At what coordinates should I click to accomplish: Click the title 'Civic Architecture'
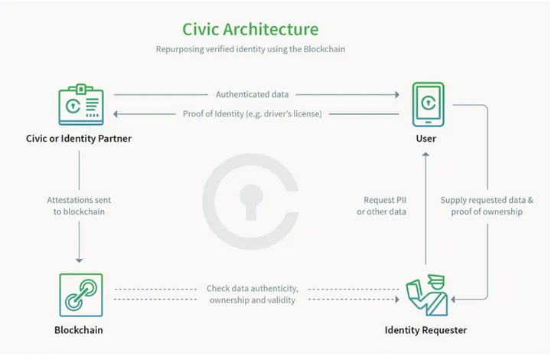pos(250,29)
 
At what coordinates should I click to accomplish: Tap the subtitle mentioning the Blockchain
pos(251,50)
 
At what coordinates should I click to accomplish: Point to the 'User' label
pos(425,139)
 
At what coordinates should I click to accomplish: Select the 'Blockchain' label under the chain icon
pos(79,330)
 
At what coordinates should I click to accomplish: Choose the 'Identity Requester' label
pos(425,330)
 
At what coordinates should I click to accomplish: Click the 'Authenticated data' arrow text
pos(252,95)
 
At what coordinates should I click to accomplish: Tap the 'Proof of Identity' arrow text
pos(252,114)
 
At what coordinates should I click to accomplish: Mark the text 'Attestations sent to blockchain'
pos(79,205)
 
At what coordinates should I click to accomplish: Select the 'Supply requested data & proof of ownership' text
pos(481,205)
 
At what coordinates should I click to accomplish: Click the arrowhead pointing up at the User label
pos(425,154)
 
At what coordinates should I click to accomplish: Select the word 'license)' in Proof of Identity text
pos(306,114)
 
